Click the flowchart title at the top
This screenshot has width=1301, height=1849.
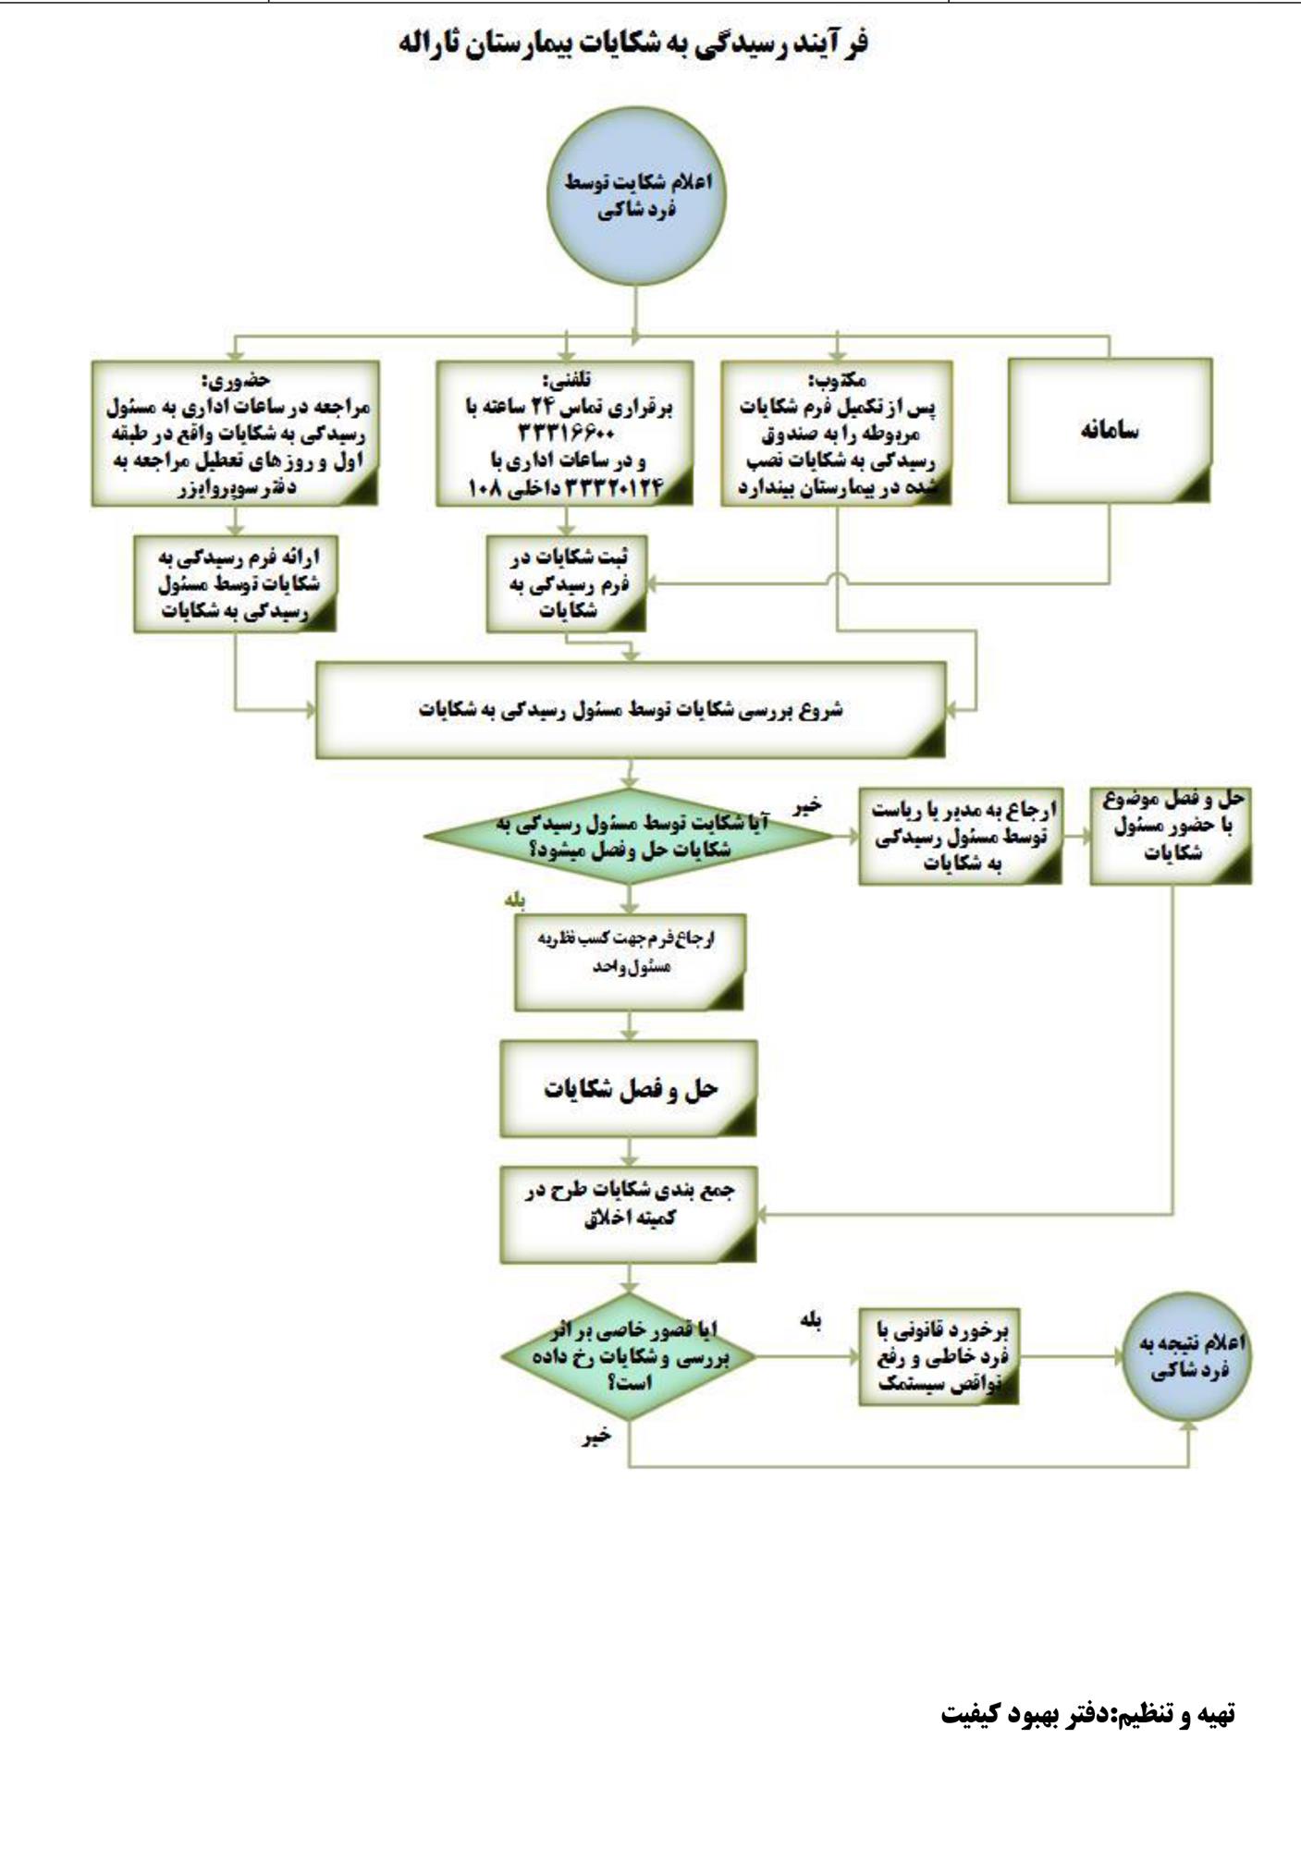(x=633, y=44)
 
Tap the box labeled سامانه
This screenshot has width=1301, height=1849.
(x=1109, y=431)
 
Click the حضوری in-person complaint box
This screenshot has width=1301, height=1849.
(x=236, y=434)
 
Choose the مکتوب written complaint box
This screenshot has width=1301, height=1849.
(x=837, y=434)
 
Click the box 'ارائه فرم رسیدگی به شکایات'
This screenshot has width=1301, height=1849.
(x=235, y=584)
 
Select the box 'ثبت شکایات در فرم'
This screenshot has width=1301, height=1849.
(x=567, y=584)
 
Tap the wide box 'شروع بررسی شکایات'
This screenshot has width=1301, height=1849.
(x=631, y=710)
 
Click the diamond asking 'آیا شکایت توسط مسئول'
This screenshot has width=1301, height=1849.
(x=629, y=836)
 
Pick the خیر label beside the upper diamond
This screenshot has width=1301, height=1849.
(x=805, y=806)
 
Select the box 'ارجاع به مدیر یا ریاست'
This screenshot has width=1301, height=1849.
(x=960, y=836)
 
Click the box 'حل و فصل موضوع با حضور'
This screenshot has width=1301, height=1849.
(x=1171, y=836)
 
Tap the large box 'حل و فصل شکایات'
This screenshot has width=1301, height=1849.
(x=629, y=1089)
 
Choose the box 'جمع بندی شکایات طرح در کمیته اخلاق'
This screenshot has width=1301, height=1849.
(x=629, y=1214)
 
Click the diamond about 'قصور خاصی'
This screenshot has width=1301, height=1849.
(x=629, y=1356)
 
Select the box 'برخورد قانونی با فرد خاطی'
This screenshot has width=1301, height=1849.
(x=939, y=1356)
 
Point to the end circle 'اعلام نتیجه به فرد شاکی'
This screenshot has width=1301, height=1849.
(x=1187, y=1356)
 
